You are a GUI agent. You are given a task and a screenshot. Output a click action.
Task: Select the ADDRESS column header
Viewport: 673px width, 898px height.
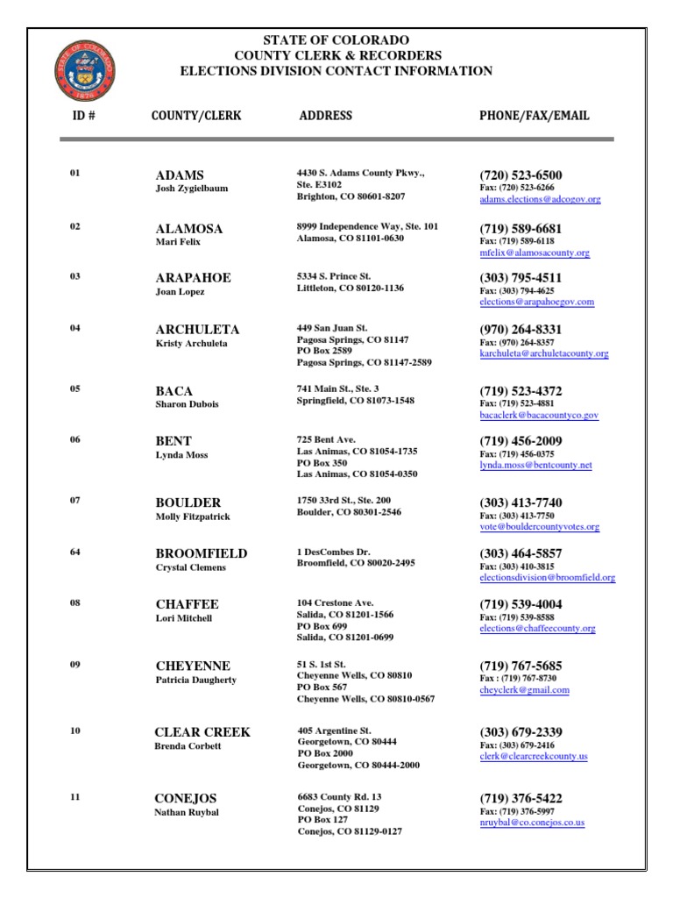pos(325,116)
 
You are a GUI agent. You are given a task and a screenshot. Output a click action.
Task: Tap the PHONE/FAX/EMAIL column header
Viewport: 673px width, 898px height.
pos(534,116)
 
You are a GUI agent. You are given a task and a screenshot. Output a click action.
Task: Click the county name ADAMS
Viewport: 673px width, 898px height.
pos(180,175)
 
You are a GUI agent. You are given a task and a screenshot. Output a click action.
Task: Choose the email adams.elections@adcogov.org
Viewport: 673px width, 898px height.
pos(540,200)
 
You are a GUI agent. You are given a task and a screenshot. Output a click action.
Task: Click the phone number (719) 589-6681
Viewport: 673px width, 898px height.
pos(521,228)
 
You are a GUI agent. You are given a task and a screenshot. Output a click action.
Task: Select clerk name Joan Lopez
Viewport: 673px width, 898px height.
pos(181,291)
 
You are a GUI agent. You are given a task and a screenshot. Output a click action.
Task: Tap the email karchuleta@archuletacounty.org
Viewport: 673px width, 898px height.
pos(543,354)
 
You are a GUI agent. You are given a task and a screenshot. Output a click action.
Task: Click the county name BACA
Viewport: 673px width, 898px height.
pos(174,391)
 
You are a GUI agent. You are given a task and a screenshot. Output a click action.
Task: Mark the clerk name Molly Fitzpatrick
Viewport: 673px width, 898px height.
pos(193,517)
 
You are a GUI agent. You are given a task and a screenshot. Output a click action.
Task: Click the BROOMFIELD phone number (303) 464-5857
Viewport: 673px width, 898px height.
pos(521,553)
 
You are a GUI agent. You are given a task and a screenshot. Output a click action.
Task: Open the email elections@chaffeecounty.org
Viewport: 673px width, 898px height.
pos(537,629)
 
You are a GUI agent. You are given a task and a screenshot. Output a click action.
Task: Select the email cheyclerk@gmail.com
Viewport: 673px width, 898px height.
pos(524,690)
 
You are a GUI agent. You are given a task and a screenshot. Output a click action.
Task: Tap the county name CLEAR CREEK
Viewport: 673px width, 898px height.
pos(202,732)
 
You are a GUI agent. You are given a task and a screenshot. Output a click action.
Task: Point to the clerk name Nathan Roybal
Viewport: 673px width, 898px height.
pos(187,812)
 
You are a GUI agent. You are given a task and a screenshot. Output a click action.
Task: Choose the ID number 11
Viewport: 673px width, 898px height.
pos(74,796)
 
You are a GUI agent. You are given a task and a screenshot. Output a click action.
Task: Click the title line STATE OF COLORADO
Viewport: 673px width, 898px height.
pos(336,41)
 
